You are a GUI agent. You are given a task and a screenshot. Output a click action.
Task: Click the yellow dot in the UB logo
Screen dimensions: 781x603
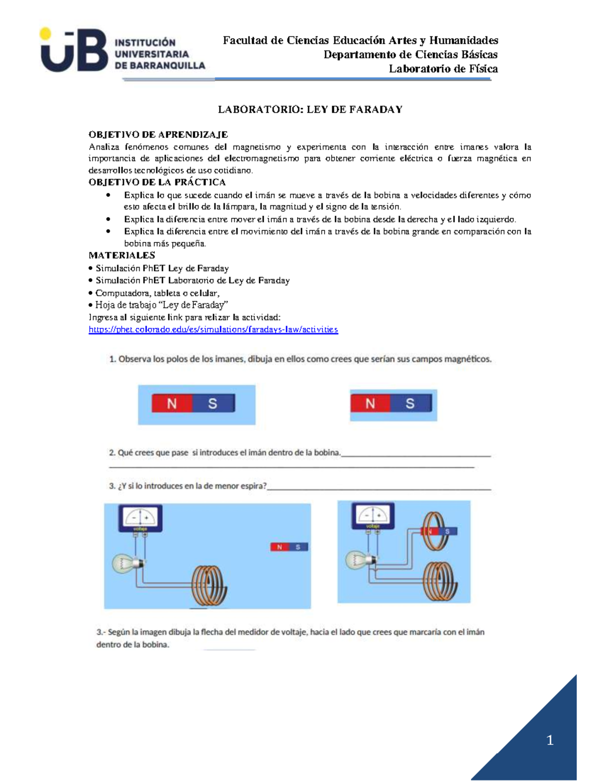click(45, 34)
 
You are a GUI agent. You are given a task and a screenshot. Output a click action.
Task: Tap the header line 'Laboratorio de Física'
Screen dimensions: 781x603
click(443, 69)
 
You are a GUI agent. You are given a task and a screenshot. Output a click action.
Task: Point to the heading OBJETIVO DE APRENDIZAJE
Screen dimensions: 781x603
click(158, 135)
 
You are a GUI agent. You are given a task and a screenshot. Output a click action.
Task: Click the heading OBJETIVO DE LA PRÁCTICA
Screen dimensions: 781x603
click(157, 182)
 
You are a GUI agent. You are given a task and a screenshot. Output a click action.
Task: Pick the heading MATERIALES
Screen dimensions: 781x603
click(122, 255)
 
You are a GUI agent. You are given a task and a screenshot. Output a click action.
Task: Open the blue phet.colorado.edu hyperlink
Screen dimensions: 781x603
click(213, 329)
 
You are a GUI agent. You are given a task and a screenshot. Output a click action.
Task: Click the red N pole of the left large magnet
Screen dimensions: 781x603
click(172, 403)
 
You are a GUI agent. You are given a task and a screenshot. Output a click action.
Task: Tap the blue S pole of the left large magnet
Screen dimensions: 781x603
click(213, 403)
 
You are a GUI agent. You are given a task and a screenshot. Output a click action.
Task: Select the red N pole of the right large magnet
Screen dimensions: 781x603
click(370, 403)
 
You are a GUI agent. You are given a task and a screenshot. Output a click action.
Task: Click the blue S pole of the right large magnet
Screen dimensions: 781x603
click(411, 403)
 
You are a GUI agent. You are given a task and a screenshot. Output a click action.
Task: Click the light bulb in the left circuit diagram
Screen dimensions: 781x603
click(125, 563)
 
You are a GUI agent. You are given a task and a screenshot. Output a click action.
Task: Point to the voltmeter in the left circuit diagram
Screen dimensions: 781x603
click(140, 518)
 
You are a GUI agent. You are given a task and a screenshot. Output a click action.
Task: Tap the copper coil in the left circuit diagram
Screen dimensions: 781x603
click(207, 586)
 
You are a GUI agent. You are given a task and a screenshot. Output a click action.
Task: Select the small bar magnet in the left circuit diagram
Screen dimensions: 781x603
click(289, 547)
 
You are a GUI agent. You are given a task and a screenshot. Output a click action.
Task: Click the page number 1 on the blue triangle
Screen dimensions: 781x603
click(550, 740)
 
